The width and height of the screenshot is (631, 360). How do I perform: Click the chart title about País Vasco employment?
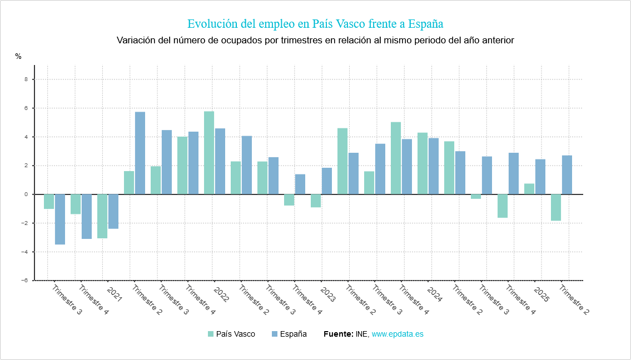coord(315,24)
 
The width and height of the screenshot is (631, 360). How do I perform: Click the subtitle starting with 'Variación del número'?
coord(315,41)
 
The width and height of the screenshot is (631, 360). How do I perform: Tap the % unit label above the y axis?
coord(18,56)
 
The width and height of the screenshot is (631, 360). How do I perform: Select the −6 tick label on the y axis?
coord(24,281)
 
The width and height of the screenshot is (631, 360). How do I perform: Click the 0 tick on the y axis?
coord(26,194)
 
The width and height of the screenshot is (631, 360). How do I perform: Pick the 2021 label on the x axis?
coord(114,294)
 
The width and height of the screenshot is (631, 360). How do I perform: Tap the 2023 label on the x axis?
coord(327,294)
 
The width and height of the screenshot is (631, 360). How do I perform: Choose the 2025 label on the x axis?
coord(541,294)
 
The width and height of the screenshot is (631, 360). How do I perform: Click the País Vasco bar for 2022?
coord(209,153)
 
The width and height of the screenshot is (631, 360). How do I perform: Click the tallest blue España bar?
coord(140,153)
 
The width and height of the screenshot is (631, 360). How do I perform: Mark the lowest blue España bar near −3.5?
coord(60,219)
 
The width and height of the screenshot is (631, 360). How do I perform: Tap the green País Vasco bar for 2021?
coord(102,216)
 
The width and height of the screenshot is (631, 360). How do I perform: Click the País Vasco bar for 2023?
coord(316,201)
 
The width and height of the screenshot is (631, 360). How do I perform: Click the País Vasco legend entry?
coord(231,334)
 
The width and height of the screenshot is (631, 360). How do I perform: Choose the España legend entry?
coord(289,334)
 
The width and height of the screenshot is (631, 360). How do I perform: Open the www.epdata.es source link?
coord(398,334)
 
